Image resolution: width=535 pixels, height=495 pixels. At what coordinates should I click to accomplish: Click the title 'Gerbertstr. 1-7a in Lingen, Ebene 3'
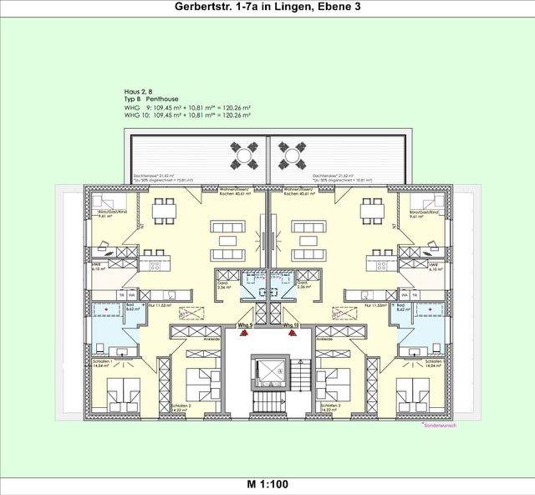(268, 8)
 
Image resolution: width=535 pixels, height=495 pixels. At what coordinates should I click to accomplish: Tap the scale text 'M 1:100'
(267, 484)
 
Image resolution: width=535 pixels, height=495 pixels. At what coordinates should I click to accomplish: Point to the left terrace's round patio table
(245, 156)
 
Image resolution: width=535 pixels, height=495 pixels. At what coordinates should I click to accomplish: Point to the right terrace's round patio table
(290, 156)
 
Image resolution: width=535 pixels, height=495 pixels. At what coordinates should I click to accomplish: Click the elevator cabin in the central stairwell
(268, 367)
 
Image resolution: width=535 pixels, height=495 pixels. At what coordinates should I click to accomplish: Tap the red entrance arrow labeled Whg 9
(242, 333)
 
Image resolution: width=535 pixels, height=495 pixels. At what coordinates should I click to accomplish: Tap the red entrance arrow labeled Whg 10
(293, 333)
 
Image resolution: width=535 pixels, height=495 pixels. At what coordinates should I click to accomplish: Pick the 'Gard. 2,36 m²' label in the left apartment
(223, 284)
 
